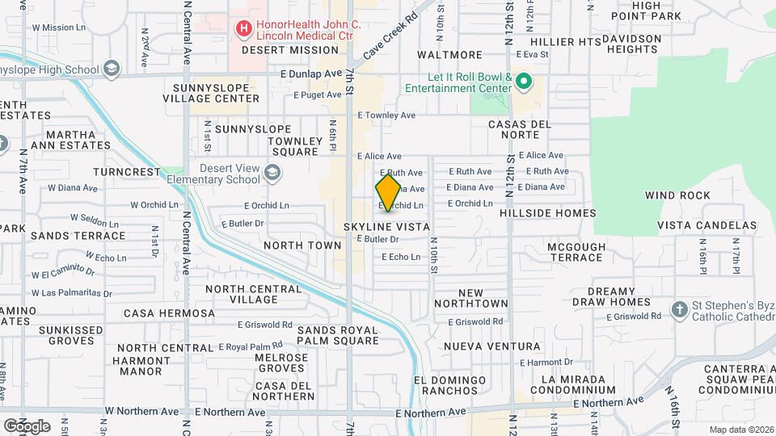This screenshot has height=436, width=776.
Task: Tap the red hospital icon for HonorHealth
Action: (x=242, y=30)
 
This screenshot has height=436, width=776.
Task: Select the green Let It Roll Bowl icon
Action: (x=523, y=81)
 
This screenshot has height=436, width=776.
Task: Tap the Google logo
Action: (x=26, y=426)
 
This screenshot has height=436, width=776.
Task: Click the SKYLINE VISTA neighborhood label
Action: (x=386, y=228)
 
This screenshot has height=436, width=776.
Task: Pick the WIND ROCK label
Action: (x=677, y=195)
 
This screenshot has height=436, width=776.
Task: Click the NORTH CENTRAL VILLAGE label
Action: (x=242, y=294)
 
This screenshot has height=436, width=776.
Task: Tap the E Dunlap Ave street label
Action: (x=311, y=73)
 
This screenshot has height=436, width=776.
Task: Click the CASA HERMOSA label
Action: (x=169, y=313)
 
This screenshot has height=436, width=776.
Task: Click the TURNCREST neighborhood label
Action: (x=127, y=172)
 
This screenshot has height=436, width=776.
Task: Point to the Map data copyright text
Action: (x=741, y=430)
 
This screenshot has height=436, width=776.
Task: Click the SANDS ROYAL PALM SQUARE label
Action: (x=337, y=335)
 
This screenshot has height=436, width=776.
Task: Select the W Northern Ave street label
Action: (x=141, y=411)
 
